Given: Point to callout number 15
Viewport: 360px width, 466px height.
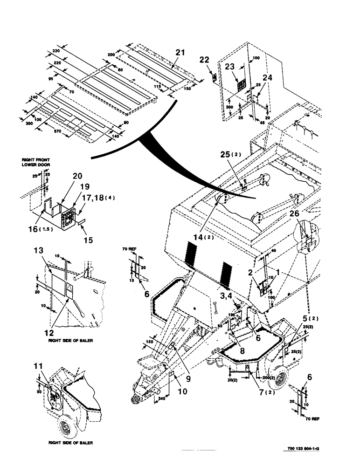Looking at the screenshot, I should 88,240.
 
